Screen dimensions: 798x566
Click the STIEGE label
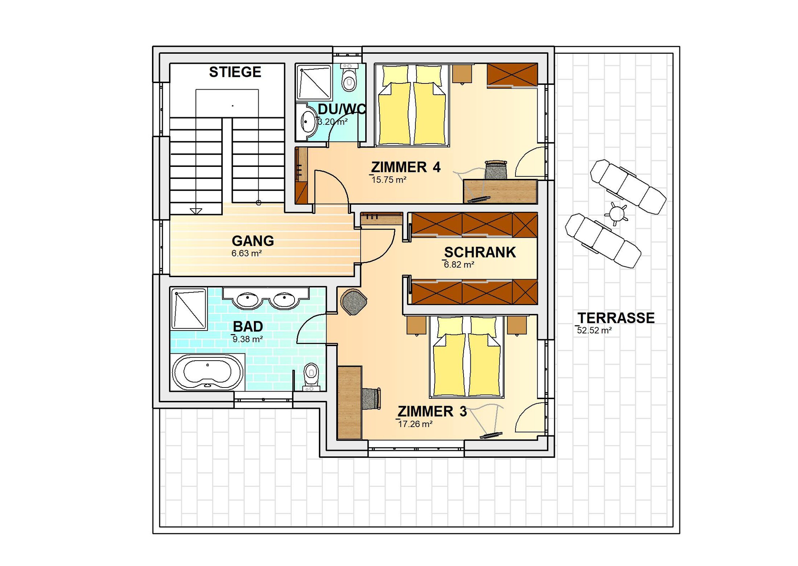235,72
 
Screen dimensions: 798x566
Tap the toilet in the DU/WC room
349,78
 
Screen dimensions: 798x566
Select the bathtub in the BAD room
208,372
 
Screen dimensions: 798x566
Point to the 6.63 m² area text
247,253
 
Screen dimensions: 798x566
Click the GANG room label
253,241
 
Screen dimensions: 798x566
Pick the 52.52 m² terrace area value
594,330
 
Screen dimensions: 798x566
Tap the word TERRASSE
616,318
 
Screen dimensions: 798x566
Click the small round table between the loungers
617,213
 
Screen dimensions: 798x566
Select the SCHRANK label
480,252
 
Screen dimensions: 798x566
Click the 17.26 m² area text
415,424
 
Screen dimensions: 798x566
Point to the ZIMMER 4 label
406,167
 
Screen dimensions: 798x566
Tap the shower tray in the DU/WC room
314,82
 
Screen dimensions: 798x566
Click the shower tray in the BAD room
189,309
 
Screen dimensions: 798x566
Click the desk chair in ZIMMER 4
496,170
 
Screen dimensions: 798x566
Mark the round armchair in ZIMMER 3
353,302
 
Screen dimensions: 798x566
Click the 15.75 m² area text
389,180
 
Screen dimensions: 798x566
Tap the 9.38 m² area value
248,339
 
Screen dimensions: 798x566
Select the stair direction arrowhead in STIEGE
196,211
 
